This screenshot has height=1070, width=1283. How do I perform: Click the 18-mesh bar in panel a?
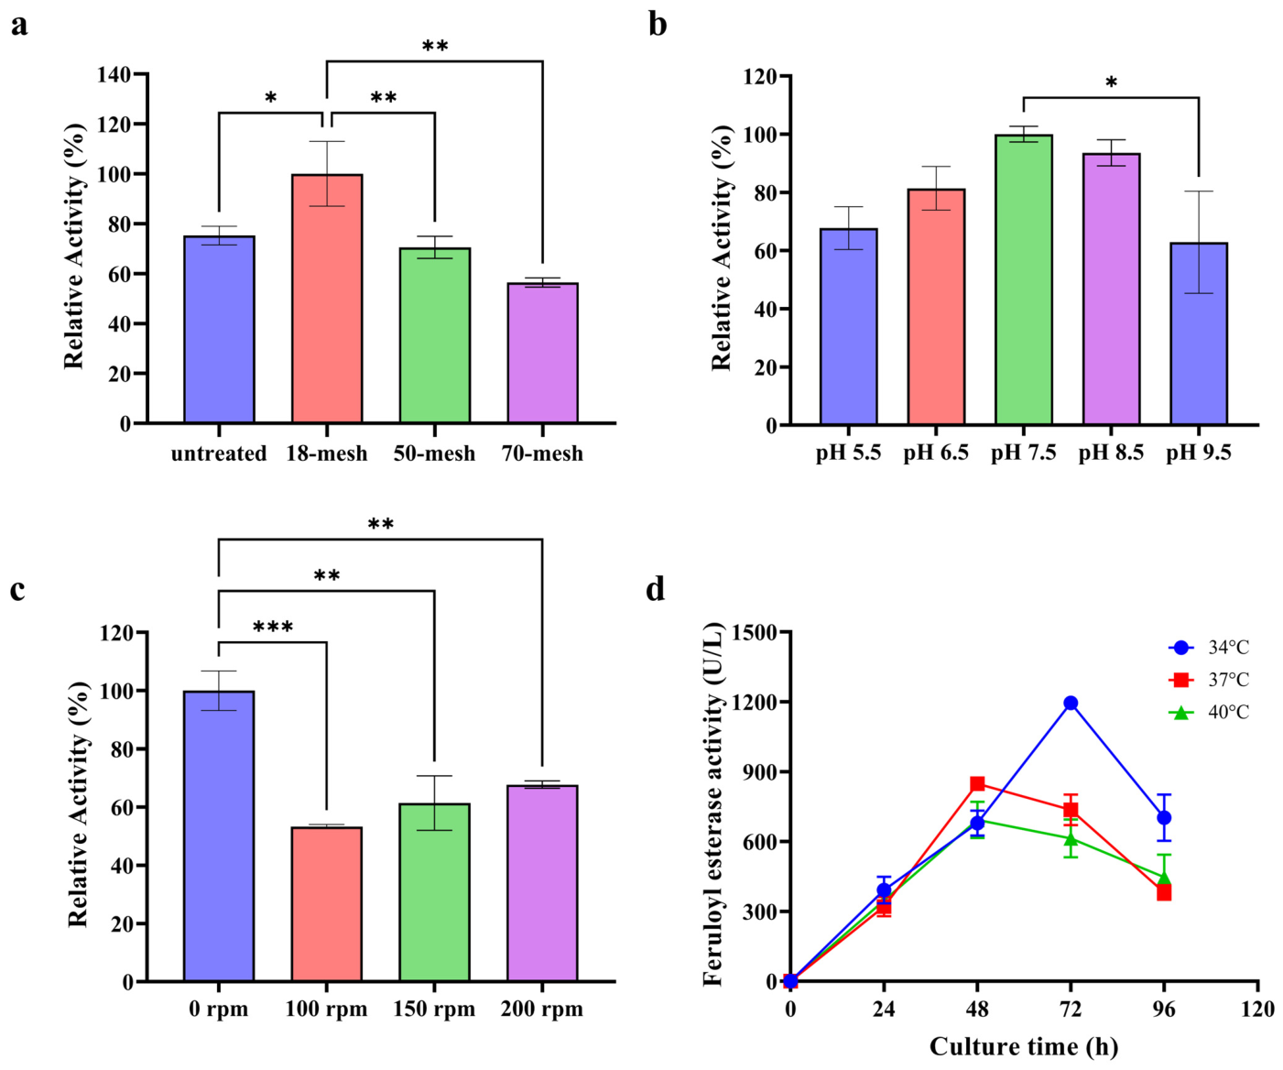327,299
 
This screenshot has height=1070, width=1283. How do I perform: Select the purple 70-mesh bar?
542,353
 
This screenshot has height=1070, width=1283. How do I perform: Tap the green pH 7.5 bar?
1024,279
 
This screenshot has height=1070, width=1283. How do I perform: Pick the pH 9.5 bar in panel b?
1199,333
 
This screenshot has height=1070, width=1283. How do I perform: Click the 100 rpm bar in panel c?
327,904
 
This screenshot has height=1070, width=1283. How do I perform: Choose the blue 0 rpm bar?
219,835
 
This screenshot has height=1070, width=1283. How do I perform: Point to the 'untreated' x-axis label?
219,454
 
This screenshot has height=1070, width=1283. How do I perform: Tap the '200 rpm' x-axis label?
542,1010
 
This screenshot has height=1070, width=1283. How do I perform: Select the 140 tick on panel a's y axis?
114,74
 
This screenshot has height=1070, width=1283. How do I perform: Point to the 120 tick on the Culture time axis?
1257,1010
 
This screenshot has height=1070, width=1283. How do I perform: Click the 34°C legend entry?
1209,648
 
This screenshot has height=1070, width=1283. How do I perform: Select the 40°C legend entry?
1209,713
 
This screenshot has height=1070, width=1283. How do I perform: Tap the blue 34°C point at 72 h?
1071,703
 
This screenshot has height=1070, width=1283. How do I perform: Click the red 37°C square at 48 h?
978,783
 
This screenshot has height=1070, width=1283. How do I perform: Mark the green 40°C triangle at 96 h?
1164,878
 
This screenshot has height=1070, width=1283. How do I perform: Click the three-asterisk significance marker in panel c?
273,628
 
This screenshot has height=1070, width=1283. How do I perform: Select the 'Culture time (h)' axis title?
1024,1046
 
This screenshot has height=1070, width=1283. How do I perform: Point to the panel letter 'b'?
658,26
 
